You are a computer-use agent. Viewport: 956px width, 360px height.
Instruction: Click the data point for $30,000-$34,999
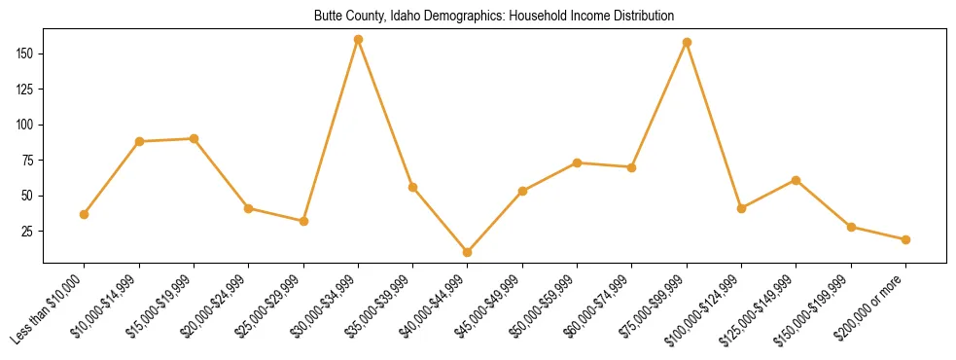point(358,39)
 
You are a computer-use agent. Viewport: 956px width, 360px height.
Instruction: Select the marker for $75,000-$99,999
point(687,42)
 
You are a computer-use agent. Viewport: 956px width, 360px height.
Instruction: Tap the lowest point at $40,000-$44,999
point(468,252)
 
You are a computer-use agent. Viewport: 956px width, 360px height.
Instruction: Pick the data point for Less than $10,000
point(84,214)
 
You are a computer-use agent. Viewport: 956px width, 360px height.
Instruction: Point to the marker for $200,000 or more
point(905,239)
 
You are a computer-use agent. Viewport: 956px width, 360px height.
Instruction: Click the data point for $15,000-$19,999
point(194,138)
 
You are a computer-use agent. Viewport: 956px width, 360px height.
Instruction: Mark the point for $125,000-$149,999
point(797,180)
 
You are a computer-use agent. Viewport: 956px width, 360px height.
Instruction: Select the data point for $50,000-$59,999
point(578,162)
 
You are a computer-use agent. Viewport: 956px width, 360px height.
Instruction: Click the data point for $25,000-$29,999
point(303,221)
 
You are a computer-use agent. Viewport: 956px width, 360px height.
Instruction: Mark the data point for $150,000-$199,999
point(851,227)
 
